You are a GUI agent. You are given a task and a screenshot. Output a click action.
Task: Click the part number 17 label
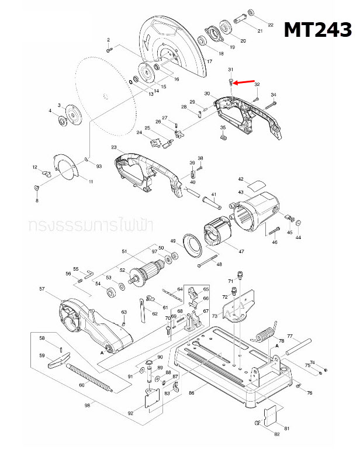tap(209, 62)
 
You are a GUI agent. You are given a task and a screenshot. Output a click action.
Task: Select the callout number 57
tap(42, 289)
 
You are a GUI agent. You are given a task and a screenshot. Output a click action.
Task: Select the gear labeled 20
tap(225, 28)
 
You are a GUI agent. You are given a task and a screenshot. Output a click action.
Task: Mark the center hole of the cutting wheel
tap(103, 95)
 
